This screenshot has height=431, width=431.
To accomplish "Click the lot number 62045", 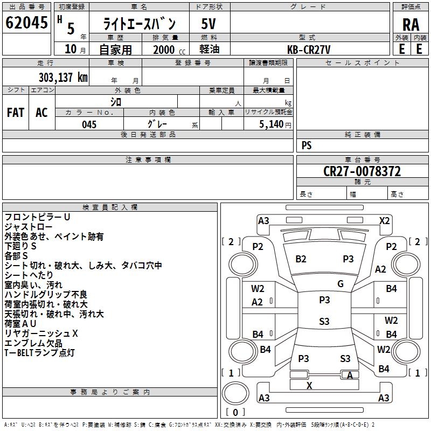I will [x=26, y=23].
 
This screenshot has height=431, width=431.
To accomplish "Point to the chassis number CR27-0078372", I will [x=362, y=171].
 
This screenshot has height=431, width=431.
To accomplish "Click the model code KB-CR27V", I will [x=309, y=50].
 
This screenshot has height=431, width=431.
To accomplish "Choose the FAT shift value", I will [x=16, y=113].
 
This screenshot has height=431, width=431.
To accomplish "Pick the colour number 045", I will [x=89, y=124].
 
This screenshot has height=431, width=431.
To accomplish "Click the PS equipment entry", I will [x=307, y=145].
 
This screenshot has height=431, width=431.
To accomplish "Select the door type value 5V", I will [x=209, y=24].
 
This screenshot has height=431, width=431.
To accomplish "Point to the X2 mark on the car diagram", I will [x=385, y=220].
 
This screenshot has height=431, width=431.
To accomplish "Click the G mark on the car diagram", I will [x=340, y=284].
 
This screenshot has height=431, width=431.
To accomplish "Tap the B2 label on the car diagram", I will [x=301, y=259].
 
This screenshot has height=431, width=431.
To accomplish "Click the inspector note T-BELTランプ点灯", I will [x=39, y=353].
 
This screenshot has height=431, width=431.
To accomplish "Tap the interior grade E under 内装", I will [x=419, y=49].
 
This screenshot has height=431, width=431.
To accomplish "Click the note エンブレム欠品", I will [x=33, y=343].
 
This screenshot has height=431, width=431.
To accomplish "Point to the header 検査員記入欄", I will [x=110, y=207].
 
